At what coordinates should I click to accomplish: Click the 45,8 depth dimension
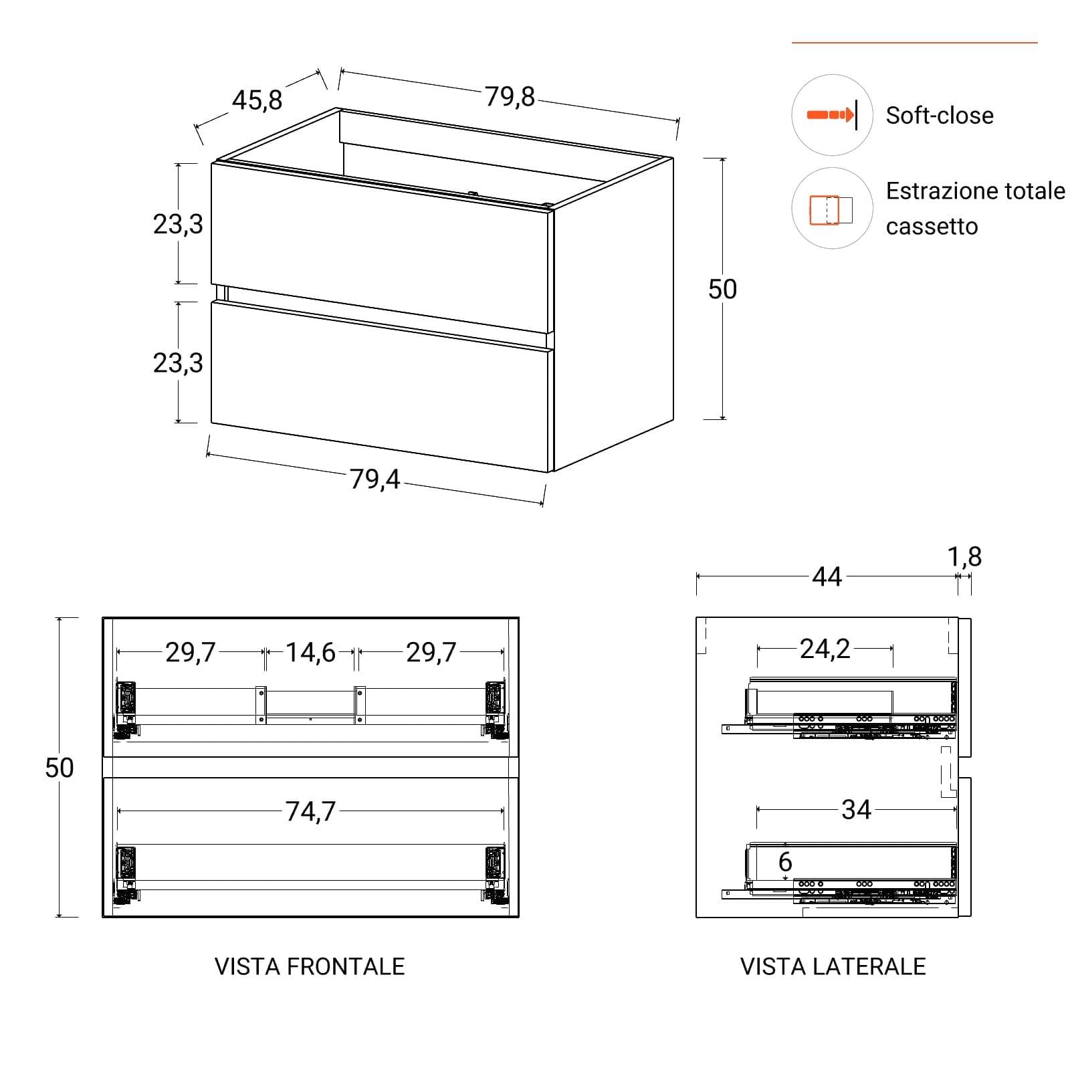tap(257, 100)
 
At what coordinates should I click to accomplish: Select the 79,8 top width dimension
tap(510, 97)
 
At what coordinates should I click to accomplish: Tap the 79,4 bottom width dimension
tap(375, 479)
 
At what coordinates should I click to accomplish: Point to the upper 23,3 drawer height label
tap(178, 224)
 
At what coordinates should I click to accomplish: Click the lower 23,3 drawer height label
tap(178, 363)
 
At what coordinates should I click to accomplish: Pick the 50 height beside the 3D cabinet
tap(722, 289)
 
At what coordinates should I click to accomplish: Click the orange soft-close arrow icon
tap(831, 115)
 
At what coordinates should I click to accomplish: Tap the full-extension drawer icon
tap(831, 209)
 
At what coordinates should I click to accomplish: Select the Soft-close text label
tap(940, 116)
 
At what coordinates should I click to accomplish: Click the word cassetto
tap(932, 227)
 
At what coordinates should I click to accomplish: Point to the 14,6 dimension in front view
tap(311, 652)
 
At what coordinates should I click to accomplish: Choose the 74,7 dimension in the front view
tap(311, 811)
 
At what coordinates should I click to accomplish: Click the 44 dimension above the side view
tap(827, 576)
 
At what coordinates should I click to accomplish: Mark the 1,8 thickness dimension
tap(965, 556)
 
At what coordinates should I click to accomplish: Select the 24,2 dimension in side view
tap(825, 649)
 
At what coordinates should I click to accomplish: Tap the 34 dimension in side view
tap(857, 810)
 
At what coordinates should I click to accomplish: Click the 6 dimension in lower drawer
tap(785, 862)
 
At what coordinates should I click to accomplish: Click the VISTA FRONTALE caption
tap(310, 966)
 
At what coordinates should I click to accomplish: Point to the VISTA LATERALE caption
tap(833, 966)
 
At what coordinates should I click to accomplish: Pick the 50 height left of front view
tap(60, 768)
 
